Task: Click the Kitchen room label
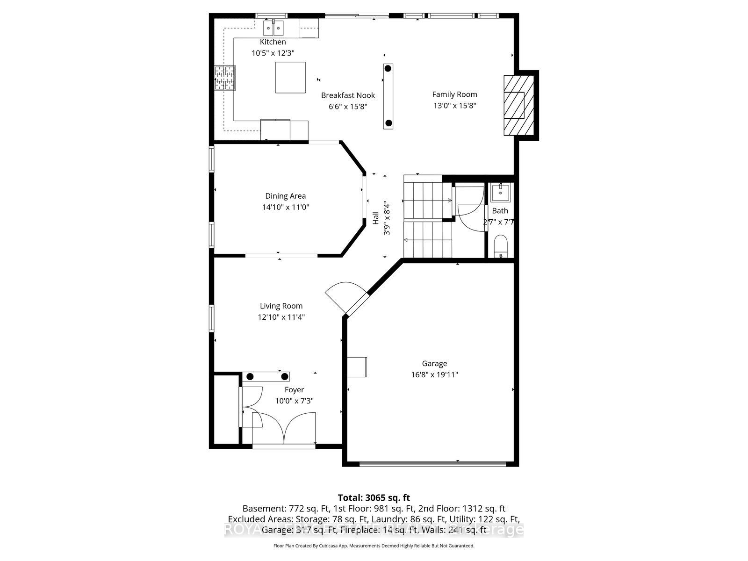tap(273, 42)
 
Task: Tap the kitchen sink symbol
tap(273, 29)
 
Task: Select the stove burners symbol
tap(225, 78)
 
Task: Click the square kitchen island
tap(290, 78)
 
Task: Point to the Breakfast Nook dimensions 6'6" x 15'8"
tap(348, 107)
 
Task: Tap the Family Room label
tap(454, 94)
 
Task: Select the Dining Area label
tap(285, 196)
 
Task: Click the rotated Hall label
tap(376, 218)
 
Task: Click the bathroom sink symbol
tap(501, 192)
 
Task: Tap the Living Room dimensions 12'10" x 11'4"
tap(281, 317)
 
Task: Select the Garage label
tap(434, 363)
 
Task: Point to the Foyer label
tap(294, 389)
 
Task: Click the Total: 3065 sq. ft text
tap(374, 497)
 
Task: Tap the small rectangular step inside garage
tap(357, 367)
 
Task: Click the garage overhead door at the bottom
tap(432, 464)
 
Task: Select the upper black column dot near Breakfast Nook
tap(388, 69)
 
